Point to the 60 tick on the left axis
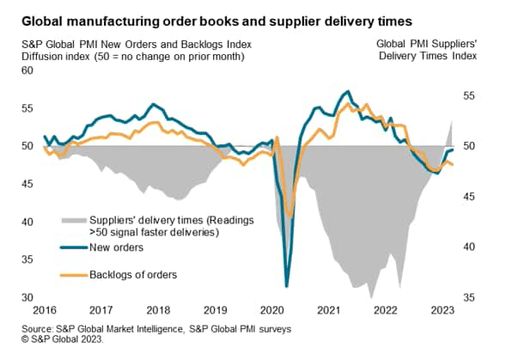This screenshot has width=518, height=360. click(x=26, y=70)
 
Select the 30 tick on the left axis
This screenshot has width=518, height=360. click(x=26, y=298)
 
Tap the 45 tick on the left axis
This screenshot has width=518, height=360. click(x=26, y=184)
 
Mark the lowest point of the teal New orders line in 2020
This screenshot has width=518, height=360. click(x=286, y=286)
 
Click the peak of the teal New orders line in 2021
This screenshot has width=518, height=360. click(x=347, y=91)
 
